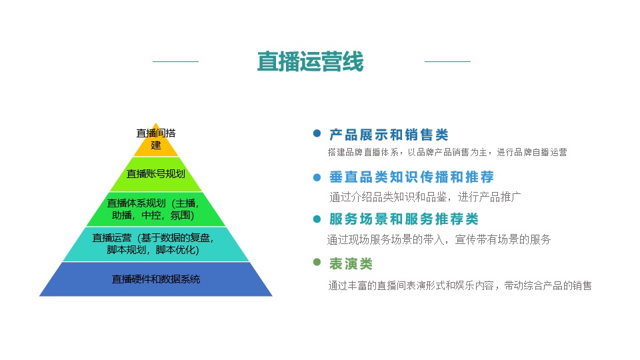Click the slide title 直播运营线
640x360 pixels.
click(310, 61)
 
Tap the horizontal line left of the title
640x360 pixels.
click(175, 61)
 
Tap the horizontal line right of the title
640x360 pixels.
click(447, 61)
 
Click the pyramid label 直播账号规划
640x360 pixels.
click(155, 174)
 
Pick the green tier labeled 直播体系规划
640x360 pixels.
click(155, 209)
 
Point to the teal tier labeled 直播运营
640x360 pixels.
click(155, 244)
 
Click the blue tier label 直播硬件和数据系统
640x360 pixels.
click(155, 279)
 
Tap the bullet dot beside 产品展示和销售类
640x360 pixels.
click(317, 133)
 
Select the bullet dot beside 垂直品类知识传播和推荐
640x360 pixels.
click(317, 177)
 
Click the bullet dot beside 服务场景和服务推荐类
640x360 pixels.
click(317, 219)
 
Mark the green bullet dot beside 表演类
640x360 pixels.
click(317, 262)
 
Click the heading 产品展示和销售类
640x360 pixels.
click(389, 134)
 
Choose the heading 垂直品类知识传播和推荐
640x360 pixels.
click(411, 177)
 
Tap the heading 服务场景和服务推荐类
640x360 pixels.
click(404, 219)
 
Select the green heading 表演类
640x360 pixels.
click(351, 264)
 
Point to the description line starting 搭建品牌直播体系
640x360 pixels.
click(447, 152)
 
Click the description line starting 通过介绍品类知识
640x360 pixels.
click(425, 197)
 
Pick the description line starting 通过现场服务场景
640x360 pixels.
click(439, 239)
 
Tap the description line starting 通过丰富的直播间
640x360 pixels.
click(460, 285)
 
